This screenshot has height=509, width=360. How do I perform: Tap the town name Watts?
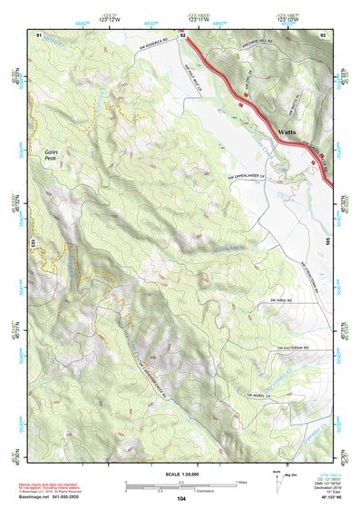coord(288,132)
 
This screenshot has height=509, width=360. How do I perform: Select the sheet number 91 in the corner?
coord(39,34)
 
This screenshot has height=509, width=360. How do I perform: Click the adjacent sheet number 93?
coord(322,34)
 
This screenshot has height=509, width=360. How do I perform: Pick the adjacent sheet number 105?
coord(328,242)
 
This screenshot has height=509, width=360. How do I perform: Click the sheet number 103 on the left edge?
coord(32,242)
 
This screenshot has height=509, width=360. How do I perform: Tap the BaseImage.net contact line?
coord(50,497)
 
